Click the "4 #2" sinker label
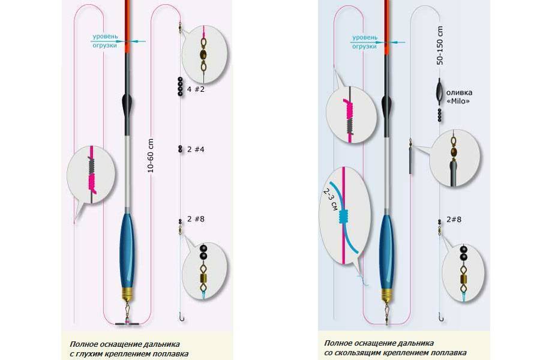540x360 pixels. [x=196, y=89]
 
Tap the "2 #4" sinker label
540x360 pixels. [x=196, y=149]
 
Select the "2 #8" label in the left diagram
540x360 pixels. [x=196, y=219]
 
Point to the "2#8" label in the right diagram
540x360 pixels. [x=454, y=220]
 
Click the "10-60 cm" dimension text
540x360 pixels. [x=150, y=156]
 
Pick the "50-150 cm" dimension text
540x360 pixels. [x=440, y=46]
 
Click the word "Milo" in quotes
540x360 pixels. [x=458, y=101]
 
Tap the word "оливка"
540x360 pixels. [x=459, y=92]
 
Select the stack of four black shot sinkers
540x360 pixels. [x=180, y=86]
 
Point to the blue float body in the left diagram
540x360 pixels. [x=127, y=250]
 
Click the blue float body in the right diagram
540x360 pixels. [x=387, y=252]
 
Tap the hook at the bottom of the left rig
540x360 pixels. [x=181, y=317]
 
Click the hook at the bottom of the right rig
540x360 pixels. [x=441, y=317]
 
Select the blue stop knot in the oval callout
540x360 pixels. [x=343, y=217]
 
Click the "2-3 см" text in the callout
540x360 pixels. [x=329, y=200]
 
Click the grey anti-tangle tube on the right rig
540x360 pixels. [x=410, y=161]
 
